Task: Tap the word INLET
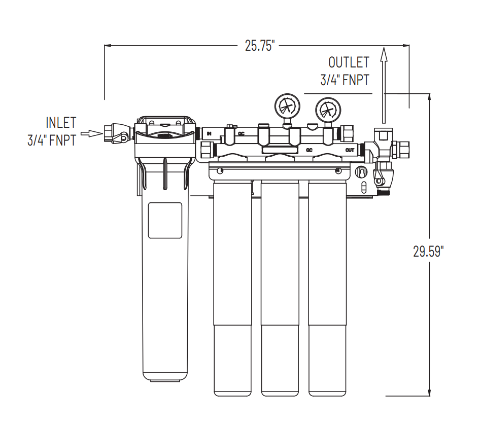tap(61, 123)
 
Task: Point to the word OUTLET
tap(349, 62)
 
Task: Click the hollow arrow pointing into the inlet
tap(92, 133)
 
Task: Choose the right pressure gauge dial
tap(327, 109)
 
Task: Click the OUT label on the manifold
tap(350, 150)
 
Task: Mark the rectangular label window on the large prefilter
tap(164, 220)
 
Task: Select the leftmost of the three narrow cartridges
tap(232, 289)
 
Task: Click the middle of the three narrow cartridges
tap(280, 289)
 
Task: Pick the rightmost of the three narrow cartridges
tap(327, 289)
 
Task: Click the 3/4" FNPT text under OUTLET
tap(345, 80)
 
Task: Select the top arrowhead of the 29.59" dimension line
tap(430, 97)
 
